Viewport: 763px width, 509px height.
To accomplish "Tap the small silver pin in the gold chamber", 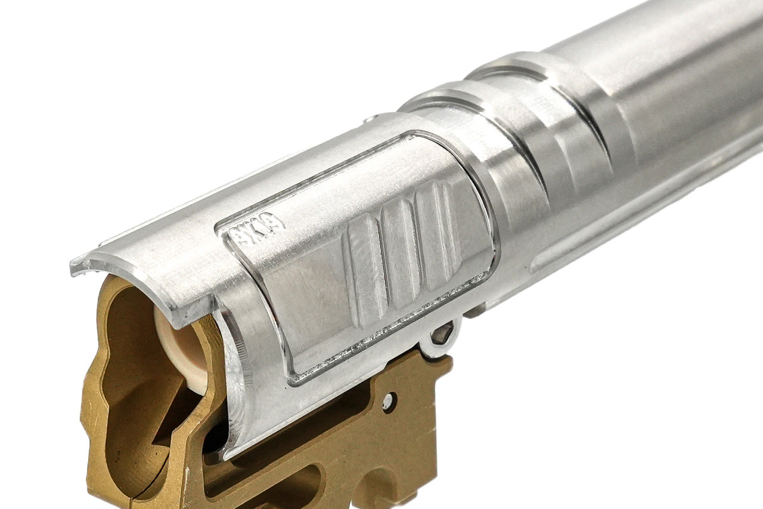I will point(388,402).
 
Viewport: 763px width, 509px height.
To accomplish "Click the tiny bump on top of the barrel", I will point(370,119).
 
